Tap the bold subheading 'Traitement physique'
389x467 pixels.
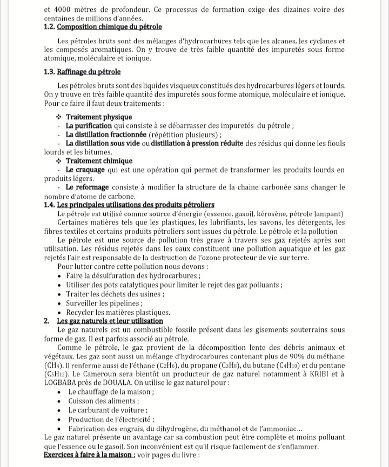tap(98, 117)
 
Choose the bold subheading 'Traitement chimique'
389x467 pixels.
tap(98, 161)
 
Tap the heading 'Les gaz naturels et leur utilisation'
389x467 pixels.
tap(110, 321)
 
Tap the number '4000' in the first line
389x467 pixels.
tap(68, 9)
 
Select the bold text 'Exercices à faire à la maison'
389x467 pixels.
tap(89, 455)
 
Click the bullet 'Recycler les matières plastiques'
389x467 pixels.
tap(118, 312)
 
